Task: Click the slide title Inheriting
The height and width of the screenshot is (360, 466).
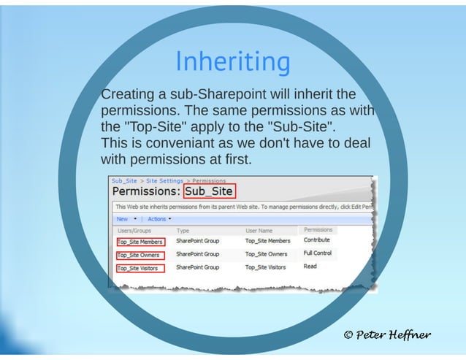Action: click(232, 62)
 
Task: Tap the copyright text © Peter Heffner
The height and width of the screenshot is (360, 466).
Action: click(387, 335)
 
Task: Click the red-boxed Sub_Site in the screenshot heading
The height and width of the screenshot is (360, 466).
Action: click(210, 192)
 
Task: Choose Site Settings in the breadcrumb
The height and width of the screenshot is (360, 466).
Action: click(164, 180)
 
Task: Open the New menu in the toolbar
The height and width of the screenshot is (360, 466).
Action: click(123, 218)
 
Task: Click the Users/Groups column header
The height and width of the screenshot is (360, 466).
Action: click(134, 231)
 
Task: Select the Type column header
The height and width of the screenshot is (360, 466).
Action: click(183, 231)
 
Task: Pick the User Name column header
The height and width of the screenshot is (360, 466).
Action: click(259, 231)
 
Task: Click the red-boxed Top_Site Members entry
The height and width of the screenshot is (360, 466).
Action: click(140, 242)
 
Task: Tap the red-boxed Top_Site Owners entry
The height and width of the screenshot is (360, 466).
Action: click(140, 255)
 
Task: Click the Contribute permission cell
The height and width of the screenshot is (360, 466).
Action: click(317, 240)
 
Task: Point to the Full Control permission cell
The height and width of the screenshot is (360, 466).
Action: click(318, 253)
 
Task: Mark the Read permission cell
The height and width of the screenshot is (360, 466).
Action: click(310, 267)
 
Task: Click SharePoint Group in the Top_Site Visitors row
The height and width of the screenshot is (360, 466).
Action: click(197, 267)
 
